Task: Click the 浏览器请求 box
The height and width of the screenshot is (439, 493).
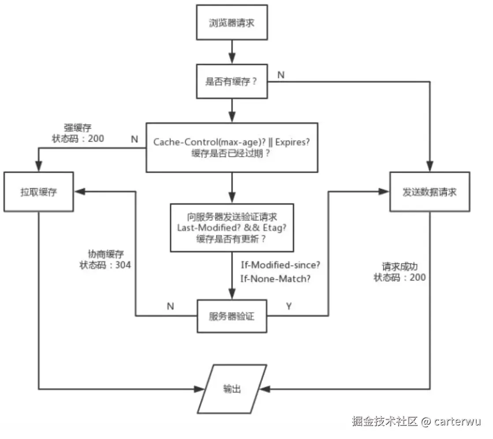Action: click(x=232, y=22)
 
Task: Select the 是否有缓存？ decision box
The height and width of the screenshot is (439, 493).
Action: click(x=232, y=82)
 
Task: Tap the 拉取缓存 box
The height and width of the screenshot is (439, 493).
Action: click(x=38, y=192)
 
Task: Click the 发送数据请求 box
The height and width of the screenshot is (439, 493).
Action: click(x=429, y=192)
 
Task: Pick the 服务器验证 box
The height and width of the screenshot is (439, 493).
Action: click(x=232, y=316)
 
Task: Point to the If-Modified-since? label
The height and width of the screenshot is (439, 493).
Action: click(x=280, y=265)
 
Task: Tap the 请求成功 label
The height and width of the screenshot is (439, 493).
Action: click(x=400, y=267)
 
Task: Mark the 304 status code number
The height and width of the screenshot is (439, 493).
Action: click(x=123, y=265)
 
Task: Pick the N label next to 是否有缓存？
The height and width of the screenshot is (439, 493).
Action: click(x=280, y=75)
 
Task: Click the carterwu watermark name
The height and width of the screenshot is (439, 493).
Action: click(x=457, y=421)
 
